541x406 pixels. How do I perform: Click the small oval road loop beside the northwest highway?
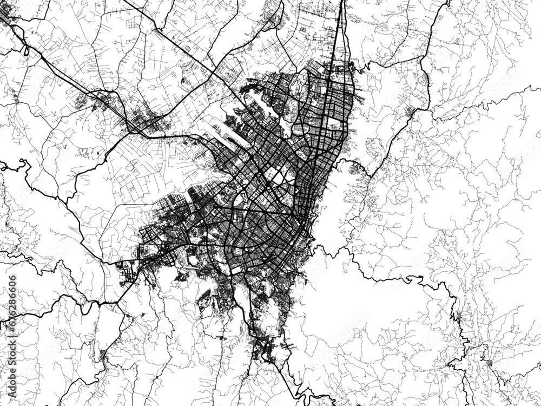[26, 50]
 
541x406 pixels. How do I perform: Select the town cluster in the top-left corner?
[8, 16]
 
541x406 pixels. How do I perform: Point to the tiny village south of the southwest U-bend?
[103, 355]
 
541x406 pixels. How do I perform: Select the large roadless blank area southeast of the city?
[346, 303]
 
